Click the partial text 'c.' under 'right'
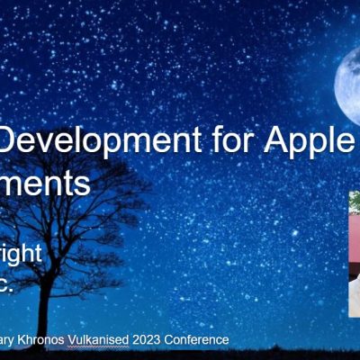pyautogui.click(x=10, y=286)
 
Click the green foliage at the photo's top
pyautogui.click(x=355, y=201)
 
